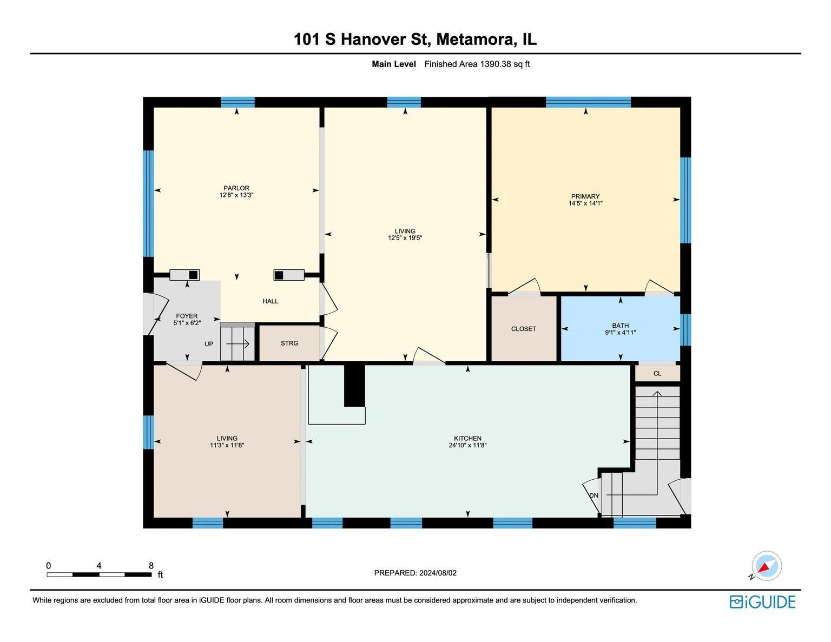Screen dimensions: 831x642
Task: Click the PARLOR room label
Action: [x=236, y=188]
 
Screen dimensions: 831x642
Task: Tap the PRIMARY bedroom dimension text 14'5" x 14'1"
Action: [x=585, y=203]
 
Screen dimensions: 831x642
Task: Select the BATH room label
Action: [x=621, y=326]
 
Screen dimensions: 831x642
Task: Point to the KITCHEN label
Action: [x=467, y=438]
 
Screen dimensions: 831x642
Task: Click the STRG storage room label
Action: [x=289, y=343]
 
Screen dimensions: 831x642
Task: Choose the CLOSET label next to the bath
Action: [x=524, y=329]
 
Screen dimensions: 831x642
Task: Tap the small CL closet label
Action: [x=657, y=373]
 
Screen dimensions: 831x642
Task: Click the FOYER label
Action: [x=187, y=316]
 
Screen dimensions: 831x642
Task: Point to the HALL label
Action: [x=271, y=301]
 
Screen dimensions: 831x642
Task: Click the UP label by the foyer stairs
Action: [x=209, y=344]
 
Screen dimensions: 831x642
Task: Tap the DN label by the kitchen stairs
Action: [x=593, y=495]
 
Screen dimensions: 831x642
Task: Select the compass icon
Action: [x=767, y=566]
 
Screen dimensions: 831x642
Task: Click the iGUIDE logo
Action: [x=762, y=603]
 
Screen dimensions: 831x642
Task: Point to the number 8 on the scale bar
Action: [x=151, y=566]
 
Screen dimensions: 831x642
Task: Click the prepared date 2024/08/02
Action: [x=438, y=573]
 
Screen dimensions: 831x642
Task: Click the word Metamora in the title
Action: [x=476, y=39]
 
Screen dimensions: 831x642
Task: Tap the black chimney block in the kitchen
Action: [x=354, y=385]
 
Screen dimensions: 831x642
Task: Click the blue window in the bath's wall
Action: [x=685, y=329]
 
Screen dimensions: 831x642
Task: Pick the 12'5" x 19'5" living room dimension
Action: [x=405, y=237]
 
